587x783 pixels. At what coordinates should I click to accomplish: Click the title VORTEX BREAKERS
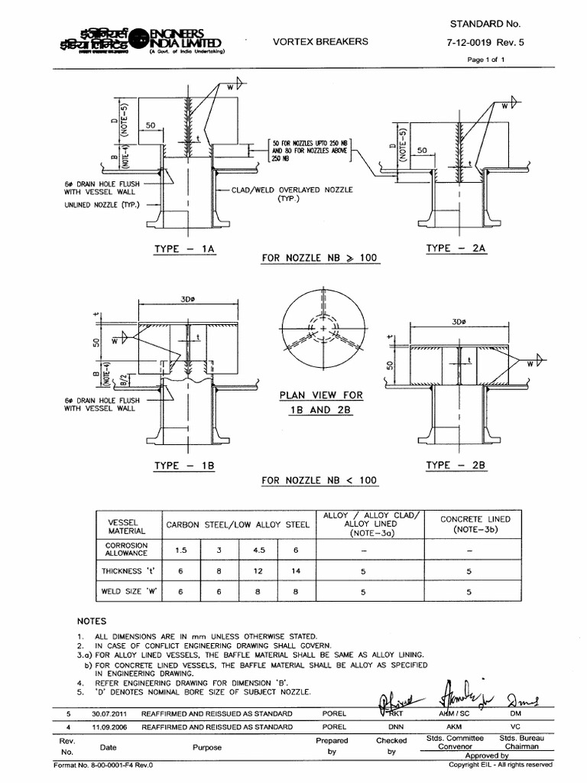point(321,41)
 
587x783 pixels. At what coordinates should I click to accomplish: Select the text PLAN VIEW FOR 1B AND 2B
point(321,402)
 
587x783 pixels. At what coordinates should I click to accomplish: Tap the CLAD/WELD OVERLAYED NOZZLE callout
point(292,194)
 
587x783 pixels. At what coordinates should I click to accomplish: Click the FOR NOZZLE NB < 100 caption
point(319,480)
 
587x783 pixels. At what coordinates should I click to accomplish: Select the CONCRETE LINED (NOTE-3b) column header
point(475,524)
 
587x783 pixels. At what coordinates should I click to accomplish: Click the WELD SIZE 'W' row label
point(126,592)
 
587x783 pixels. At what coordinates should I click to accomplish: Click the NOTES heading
point(92,621)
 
